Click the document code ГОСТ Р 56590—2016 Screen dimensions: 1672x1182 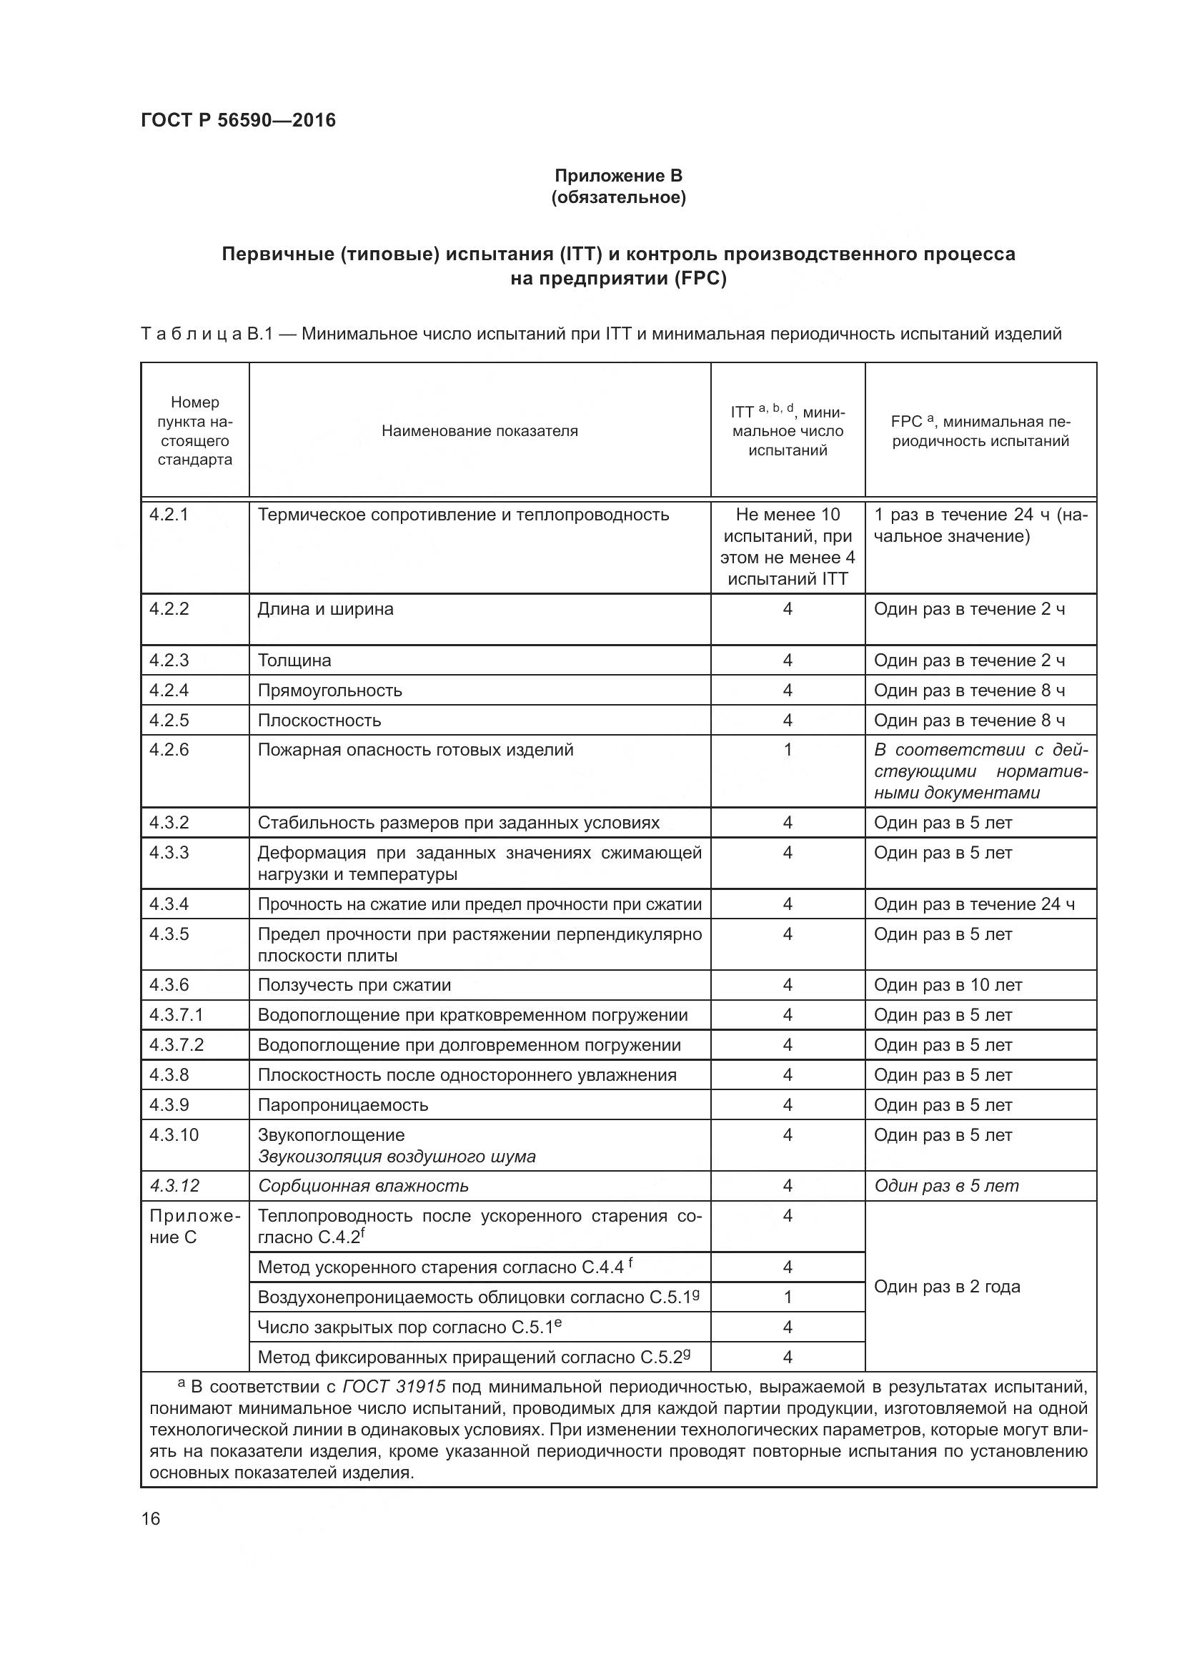[238, 120]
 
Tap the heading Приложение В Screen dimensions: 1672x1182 [618, 176]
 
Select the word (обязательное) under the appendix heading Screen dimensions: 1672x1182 [618, 197]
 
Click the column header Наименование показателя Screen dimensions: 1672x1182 [480, 430]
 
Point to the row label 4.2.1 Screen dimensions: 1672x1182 [169, 515]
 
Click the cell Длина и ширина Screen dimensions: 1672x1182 [325, 609]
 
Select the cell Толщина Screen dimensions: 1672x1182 [294, 661]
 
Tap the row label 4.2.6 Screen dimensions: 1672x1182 [169, 749]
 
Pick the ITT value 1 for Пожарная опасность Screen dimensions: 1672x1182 [787, 749]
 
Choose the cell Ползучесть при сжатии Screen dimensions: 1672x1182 [354, 985]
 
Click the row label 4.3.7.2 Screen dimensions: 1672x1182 [176, 1045]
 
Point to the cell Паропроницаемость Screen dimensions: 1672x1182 [343, 1104]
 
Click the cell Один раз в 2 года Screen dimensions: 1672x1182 [947, 1286]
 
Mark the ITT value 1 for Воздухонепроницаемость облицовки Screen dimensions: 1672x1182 [787, 1297]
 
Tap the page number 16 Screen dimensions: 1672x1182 [151, 1519]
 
